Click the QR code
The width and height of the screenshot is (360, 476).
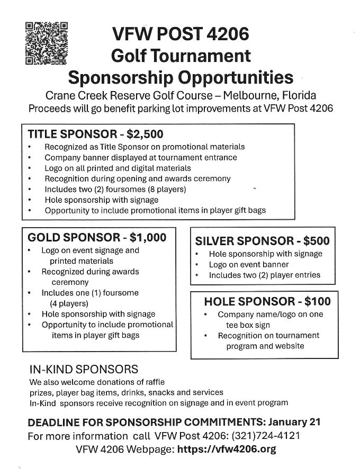click(47, 43)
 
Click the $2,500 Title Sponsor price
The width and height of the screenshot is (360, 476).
click(145, 134)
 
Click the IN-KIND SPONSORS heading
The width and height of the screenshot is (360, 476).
click(84, 369)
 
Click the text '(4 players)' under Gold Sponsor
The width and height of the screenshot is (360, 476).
click(69, 303)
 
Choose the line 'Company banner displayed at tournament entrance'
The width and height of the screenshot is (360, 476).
click(141, 157)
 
